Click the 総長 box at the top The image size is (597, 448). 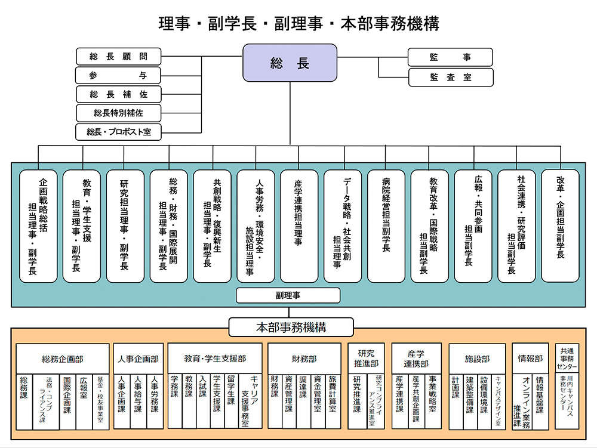tap(290, 63)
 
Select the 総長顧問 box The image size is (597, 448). tap(118, 57)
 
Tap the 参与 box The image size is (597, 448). tap(118, 75)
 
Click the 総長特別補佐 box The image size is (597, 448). tap(118, 113)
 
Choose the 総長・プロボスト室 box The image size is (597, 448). tap(118, 132)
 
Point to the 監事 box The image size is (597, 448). tap(450, 57)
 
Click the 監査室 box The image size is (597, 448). tap(450, 77)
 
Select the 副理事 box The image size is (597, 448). tap(288, 295)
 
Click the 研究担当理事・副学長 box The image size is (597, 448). tap(125, 226)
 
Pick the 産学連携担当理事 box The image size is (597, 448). tap(299, 226)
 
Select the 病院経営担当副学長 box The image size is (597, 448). tap(386, 226)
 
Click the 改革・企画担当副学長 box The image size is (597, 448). tap(560, 226)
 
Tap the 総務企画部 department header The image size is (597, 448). tap(63, 359)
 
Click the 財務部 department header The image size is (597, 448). tap(304, 359)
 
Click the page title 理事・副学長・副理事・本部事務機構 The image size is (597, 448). tap(298, 23)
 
